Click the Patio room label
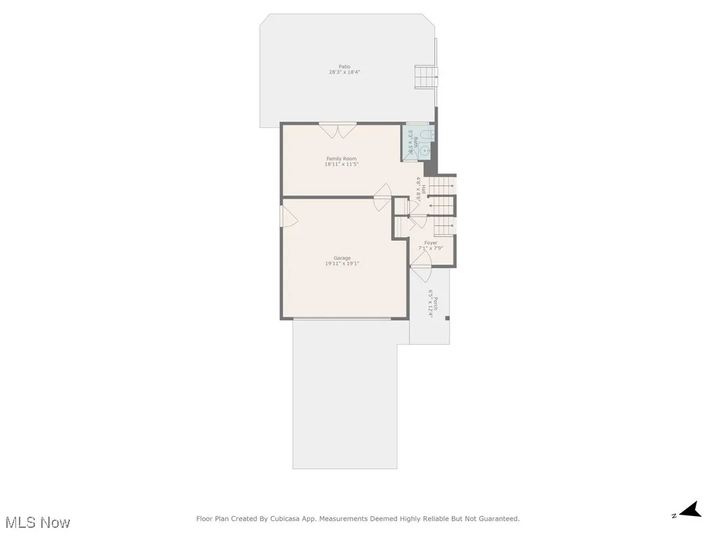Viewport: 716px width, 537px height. pyautogui.click(x=345, y=67)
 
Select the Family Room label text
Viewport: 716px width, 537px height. pyautogui.click(x=341, y=159)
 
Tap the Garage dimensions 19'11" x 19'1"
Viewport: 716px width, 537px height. pyautogui.click(x=342, y=264)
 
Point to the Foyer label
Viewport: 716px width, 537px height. pyautogui.click(x=431, y=243)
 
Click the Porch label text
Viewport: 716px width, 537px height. pyautogui.click(x=436, y=304)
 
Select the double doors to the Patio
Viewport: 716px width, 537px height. pyautogui.click(x=338, y=131)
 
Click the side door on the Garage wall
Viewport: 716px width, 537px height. pyautogui.click(x=289, y=216)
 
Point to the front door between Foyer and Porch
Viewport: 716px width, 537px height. pyautogui.click(x=421, y=260)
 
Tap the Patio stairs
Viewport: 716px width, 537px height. pyautogui.click(x=425, y=76)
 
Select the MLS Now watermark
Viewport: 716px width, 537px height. pyautogui.click(x=38, y=522)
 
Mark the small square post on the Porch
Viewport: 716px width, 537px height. pyautogui.click(x=447, y=319)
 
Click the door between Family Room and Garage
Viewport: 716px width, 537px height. pyautogui.click(x=382, y=197)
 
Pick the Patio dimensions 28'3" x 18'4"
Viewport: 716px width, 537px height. pyautogui.click(x=345, y=73)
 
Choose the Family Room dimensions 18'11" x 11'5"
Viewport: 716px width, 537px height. pyautogui.click(x=341, y=164)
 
